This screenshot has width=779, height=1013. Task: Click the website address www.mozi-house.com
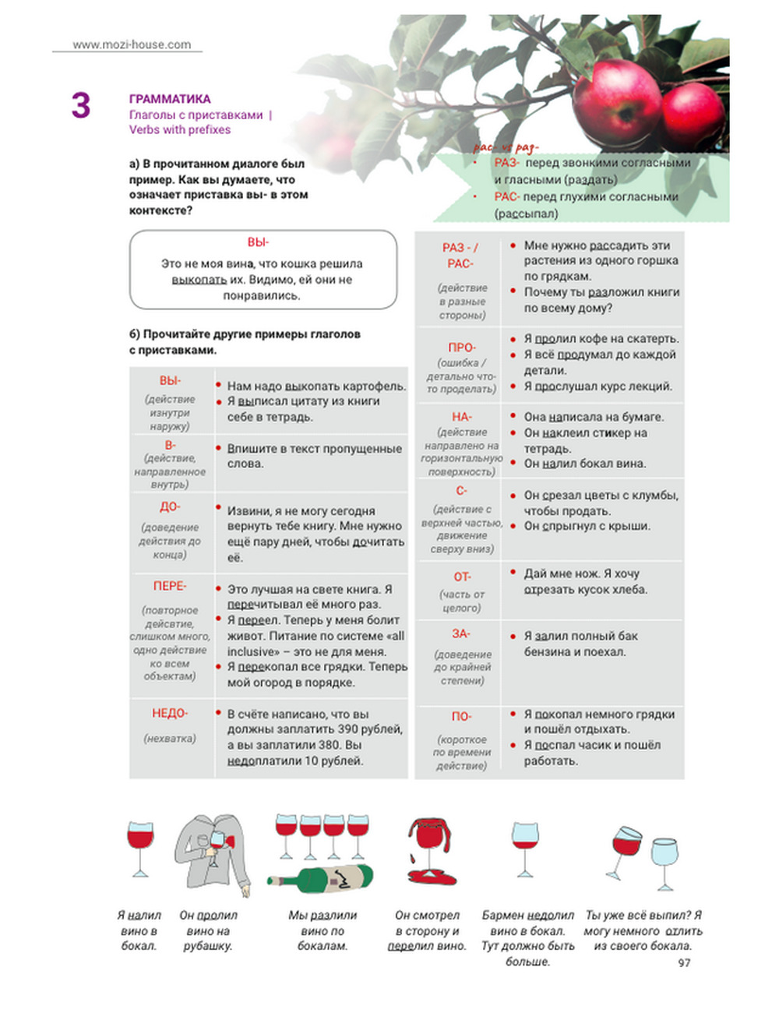pos(132,44)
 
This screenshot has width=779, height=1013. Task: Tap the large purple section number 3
pos(81,106)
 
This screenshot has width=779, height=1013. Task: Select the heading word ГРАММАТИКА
pos(170,99)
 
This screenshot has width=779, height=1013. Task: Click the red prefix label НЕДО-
pos(169,713)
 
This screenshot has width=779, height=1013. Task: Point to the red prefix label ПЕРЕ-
pos(169,585)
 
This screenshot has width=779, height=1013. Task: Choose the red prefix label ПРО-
pos(461,347)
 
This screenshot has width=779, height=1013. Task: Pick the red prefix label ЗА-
pos(461,634)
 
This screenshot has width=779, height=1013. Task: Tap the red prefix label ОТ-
pos(461,577)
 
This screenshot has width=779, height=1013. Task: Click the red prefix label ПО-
pos(461,716)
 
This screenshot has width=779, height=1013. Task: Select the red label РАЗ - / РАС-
pos(460,256)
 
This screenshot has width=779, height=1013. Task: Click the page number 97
pos(684,963)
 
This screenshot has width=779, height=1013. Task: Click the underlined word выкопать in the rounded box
pos(199,280)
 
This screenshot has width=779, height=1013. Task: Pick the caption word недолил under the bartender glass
pos(551,915)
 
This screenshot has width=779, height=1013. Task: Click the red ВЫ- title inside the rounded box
pos(258,242)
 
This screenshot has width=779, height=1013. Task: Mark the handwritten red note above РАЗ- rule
pos(506,147)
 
